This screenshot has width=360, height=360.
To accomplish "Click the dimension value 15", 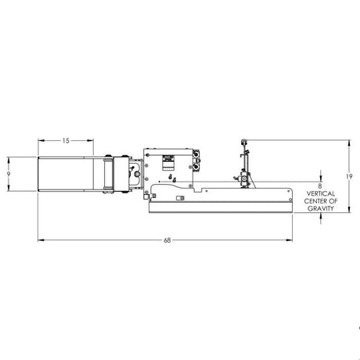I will (x=65, y=141).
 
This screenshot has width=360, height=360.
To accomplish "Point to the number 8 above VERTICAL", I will (x=321, y=185).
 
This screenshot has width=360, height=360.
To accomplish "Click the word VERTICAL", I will (x=321, y=194).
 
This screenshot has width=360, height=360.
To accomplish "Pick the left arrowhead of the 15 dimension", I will (x=40, y=141).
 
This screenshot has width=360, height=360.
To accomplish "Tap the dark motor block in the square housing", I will (x=166, y=162).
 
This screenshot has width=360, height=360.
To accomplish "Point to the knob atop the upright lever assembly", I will (x=245, y=142).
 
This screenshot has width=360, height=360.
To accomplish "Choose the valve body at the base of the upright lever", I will (x=245, y=181).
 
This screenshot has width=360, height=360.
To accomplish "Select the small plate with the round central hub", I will (x=134, y=174).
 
